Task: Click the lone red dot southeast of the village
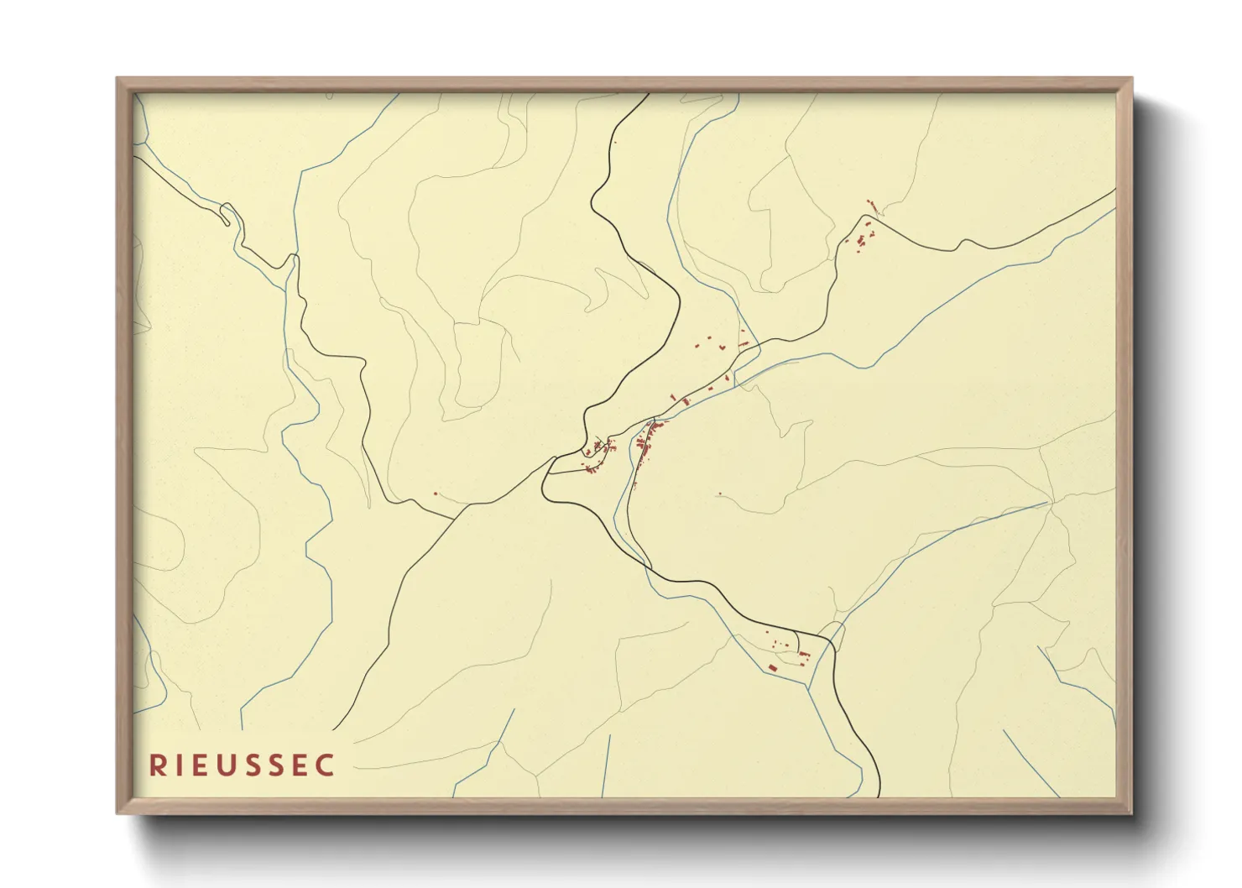[x=719, y=494]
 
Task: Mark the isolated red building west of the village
[x=435, y=494]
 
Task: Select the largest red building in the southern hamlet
[x=771, y=667]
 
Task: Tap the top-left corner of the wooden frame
[x=117, y=79]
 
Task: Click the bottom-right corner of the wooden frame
[x=1131, y=812]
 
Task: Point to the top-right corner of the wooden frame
[x=1131, y=79]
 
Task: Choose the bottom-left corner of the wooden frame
[x=117, y=812]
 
